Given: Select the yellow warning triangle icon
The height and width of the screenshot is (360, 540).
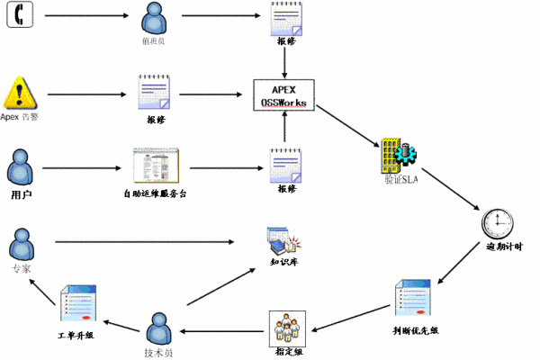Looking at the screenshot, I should (x=20, y=93).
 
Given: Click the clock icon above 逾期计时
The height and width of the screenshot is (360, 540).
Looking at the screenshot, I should (x=497, y=222).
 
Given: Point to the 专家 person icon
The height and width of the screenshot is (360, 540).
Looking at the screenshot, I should (x=22, y=244).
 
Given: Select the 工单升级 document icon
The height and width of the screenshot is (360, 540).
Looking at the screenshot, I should (x=76, y=306).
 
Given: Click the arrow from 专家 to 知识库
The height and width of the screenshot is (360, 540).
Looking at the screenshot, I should (x=153, y=241).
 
